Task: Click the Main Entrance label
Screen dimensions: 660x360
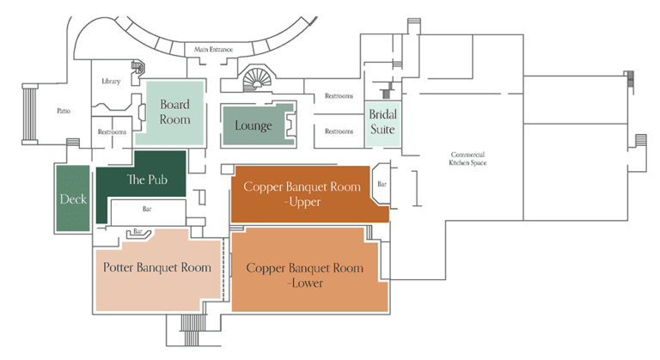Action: click(x=213, y=49)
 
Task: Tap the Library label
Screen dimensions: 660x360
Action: click(x=111, y=82)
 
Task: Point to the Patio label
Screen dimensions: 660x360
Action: click(x=64, y=111)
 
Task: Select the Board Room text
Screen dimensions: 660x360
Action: click(x=174, y=112)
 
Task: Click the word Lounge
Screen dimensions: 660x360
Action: click(x=254, y=125)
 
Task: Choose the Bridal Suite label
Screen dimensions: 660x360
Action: click(x=382, y=122)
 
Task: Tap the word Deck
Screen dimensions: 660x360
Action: click(x=73, y=198)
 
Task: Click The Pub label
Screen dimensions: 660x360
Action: click(x=147, y=180)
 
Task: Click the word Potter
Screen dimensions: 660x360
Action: click(x=119, y=267)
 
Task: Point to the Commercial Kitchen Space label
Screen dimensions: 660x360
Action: click(x=467, y=159)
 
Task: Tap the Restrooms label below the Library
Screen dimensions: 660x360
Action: click(x=112, y=131)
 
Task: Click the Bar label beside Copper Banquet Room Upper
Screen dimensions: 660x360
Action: click(x=382, y=184)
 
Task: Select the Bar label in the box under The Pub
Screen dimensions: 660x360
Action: click(x=147, y=209)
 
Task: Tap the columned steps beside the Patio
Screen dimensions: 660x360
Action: click(x=30, y=114)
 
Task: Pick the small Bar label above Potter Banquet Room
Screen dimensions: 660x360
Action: click(x=137, y=231)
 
